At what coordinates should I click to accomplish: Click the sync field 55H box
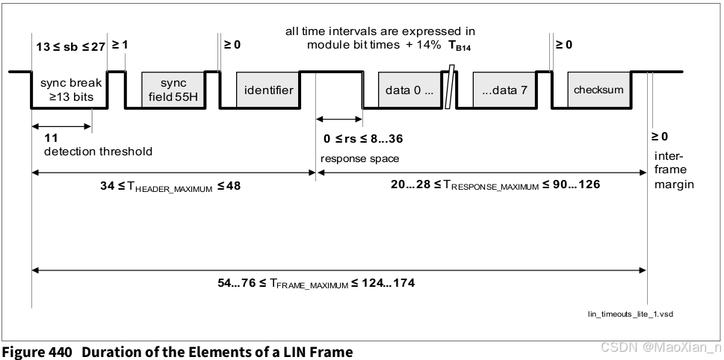[x=173, y=90]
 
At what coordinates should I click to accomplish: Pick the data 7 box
[x=504, y=90]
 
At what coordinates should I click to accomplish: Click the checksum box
[x=598, y=90]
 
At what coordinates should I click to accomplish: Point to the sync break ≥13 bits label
[x=68, y=90]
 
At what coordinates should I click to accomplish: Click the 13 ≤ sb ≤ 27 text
[x=70, y=46]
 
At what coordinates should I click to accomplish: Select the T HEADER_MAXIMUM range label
[x=170, y=186]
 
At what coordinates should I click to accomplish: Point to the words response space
[x=360, y=159]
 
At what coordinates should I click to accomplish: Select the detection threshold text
[x=98, y=152]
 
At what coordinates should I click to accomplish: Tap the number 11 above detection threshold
[x=51, y=138]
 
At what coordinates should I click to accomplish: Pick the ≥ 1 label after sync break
[x=120, y=45]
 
